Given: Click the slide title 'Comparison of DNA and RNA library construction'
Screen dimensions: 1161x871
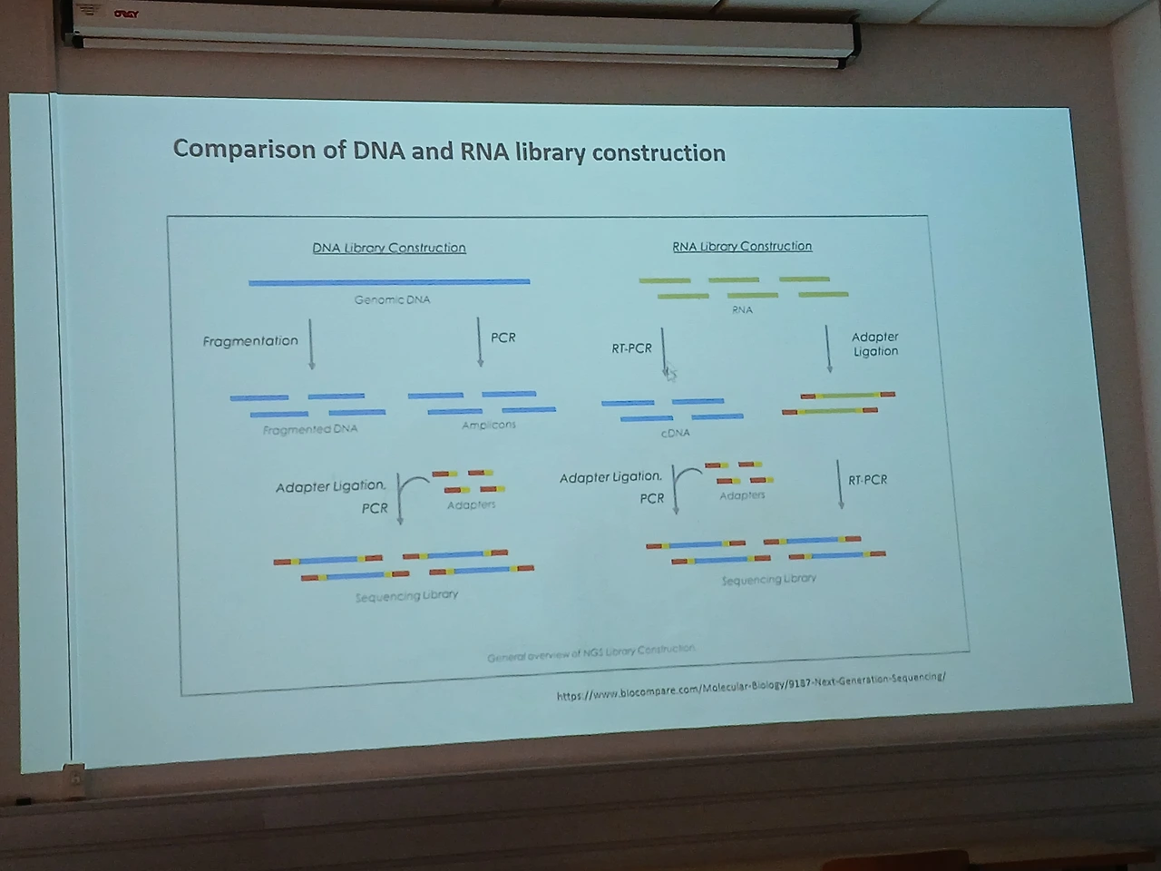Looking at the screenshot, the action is click(x=449, y=151).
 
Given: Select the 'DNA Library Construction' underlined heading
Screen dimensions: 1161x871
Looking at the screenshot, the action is click(x=389, y=248).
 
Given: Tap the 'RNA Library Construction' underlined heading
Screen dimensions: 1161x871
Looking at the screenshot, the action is click(x=742, y=246).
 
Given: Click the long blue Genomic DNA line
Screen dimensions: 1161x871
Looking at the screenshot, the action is click(x=389, y=282).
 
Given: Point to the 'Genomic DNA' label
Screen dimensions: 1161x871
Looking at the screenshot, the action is click(x=392, y=299).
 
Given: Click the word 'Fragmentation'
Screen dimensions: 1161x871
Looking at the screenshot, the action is click(x=250, y=341).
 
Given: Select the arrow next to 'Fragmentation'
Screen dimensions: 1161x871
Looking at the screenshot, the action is click(x=311, y=344).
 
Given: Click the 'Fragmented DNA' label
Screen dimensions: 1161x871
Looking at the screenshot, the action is click(x=310, y=429).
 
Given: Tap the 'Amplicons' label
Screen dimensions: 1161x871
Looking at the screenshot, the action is click(x=488, y=425).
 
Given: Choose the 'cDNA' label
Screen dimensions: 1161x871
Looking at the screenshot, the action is click(x=676, y=433).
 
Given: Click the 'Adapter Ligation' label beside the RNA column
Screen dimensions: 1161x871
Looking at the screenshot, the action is click(x=875, y=344).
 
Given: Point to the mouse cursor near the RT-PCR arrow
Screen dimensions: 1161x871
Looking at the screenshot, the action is click(x=670, y=373).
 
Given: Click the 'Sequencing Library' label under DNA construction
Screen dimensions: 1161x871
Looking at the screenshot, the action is click(x=406, y=595).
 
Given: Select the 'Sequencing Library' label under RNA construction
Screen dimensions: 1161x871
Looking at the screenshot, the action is click(x=769, y=579).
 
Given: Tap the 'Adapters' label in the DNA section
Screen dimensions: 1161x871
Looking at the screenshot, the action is click(x=471, y=504).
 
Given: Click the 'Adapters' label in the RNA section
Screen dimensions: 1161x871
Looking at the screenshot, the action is click(x=742, y=495).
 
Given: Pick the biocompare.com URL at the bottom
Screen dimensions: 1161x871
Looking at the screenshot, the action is click(x=751, y=686).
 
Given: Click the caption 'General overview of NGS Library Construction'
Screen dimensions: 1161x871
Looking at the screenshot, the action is click(x=591, y=652).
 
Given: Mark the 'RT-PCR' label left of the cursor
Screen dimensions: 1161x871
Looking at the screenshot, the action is click(x=631, y=348).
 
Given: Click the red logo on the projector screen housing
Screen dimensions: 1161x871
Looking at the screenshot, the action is click(x=126, y=14).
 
